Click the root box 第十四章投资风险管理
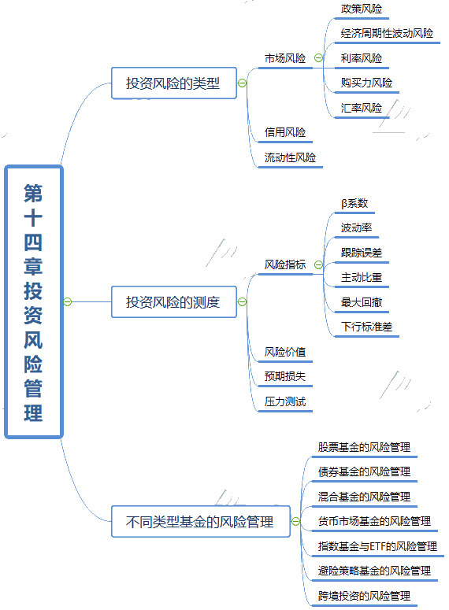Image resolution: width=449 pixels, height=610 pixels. click(34, 302)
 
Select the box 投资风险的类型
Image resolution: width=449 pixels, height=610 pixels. click(173, 83)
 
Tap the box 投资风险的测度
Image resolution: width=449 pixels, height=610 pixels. click(173, 302)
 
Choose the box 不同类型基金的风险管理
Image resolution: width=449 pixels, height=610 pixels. click(201, 521)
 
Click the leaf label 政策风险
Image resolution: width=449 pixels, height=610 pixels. click(362, 9)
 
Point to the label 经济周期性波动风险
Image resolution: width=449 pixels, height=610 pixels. click(387, 34)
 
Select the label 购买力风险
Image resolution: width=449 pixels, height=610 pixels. click(366, 83)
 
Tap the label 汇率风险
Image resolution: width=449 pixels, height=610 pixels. click(362, 108)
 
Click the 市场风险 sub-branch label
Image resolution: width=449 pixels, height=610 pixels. click(285, 58)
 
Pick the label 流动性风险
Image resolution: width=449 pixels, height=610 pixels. click(290, 157)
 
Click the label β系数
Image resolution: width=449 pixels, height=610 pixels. click(354, 203)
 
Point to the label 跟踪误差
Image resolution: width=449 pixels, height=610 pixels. click(362, 253)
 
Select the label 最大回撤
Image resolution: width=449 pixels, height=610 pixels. click(362, 302)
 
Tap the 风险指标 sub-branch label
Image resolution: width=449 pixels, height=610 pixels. click(285, 264)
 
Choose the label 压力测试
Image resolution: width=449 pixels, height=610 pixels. click(285, 401)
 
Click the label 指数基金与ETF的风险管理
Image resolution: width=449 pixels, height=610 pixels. click(377, 546)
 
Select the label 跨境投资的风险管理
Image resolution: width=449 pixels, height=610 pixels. click(364, 596)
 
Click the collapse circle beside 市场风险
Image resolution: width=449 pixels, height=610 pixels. click(318, 58)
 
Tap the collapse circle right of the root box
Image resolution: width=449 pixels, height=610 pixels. click(68, 301)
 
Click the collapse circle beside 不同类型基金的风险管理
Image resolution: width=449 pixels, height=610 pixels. click(295, 521)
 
